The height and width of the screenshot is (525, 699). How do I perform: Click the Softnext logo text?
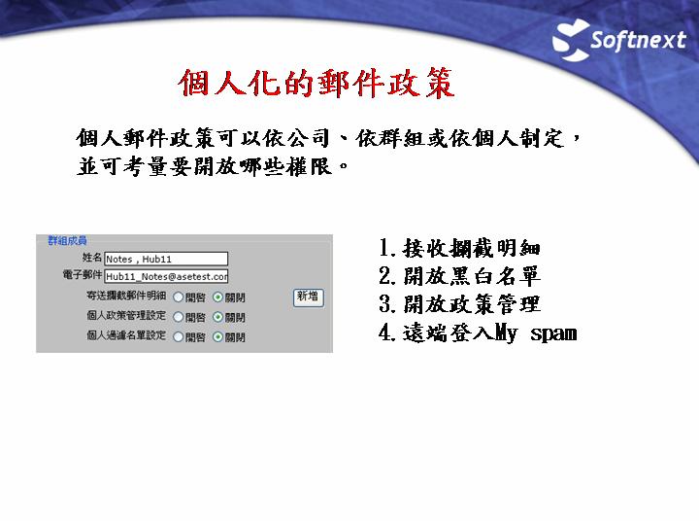click(639, 41)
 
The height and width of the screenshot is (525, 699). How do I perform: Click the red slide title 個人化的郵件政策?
click(316, 83)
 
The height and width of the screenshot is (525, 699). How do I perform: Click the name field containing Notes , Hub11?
click(166, 259)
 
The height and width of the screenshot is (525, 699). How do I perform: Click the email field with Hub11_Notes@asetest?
click(166, 276)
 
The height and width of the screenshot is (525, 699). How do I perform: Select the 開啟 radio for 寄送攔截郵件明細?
click(179, 297)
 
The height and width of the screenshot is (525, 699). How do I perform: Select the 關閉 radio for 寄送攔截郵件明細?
click(217, 297)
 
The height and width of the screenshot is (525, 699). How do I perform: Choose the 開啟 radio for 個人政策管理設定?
click(179, 317)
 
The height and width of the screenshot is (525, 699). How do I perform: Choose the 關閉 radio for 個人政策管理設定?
click(217, 317)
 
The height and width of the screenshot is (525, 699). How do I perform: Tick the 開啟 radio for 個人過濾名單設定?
click(179, 336)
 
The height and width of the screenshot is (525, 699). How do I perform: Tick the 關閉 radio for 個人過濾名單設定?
click(217, 336)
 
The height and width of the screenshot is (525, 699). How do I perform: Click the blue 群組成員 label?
click(67, 241)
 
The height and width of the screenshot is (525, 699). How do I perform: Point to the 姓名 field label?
click(92, 258)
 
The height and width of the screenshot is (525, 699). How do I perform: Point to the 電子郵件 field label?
click(82, 274)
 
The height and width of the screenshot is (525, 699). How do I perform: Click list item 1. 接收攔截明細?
click(459, 248)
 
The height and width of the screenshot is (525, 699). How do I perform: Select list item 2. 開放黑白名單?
click(459, 276)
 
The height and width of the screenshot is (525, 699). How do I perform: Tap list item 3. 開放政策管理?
click(459, 304)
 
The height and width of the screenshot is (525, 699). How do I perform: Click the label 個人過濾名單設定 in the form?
click(126, 335)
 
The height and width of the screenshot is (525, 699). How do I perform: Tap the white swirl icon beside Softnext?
click(571, 40)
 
